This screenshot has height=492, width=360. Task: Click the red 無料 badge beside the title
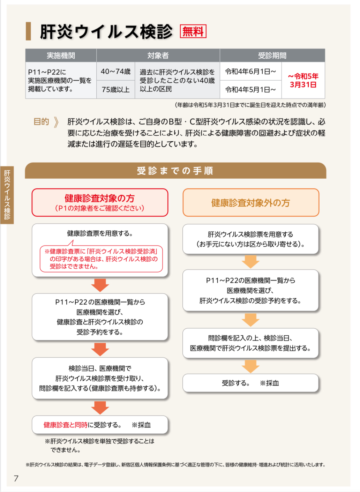pyautogui.click(x=193, y=31)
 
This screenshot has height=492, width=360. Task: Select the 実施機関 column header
pyautogui.click(x=61, y=55)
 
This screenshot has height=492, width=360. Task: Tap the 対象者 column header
pyautogui.click(x=158, y=55)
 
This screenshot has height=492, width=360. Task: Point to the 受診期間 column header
pyautogui.click(x=272, y=55)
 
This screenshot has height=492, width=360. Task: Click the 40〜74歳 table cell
pyautogui.click(x=115, y=72)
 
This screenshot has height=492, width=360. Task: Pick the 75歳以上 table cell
pyautogui.click(x=115, y=90)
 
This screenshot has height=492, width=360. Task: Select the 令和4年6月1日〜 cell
pyautogui.click(x=250, y=72)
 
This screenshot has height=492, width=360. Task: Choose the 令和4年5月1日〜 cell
pyautogui.click(x=250, y=90)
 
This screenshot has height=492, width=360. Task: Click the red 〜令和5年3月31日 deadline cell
pyautogui.click(x=303, y=80)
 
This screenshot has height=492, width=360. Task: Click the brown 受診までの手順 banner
pyautogui.click(x=175, y=170)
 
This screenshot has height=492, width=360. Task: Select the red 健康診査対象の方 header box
pyautogui.click(x=100, y=202)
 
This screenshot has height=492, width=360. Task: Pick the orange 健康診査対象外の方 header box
pyautogui.click(x=251, y=202)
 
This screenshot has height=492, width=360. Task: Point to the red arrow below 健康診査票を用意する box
pyautogui.click(x=100, y=285)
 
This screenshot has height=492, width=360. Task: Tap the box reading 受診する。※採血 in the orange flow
pyautogui.click(x=250, y=383)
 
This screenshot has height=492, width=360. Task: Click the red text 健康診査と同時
pyautogui.click(x=66, y=425)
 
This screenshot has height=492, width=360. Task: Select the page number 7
pyautogui.click(x=16, y=478)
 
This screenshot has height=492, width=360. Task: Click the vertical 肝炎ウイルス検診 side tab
pyautogui.click(x=7, y=195)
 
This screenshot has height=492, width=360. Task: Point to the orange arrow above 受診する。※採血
pyautogui.click(x=250, y=366)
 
